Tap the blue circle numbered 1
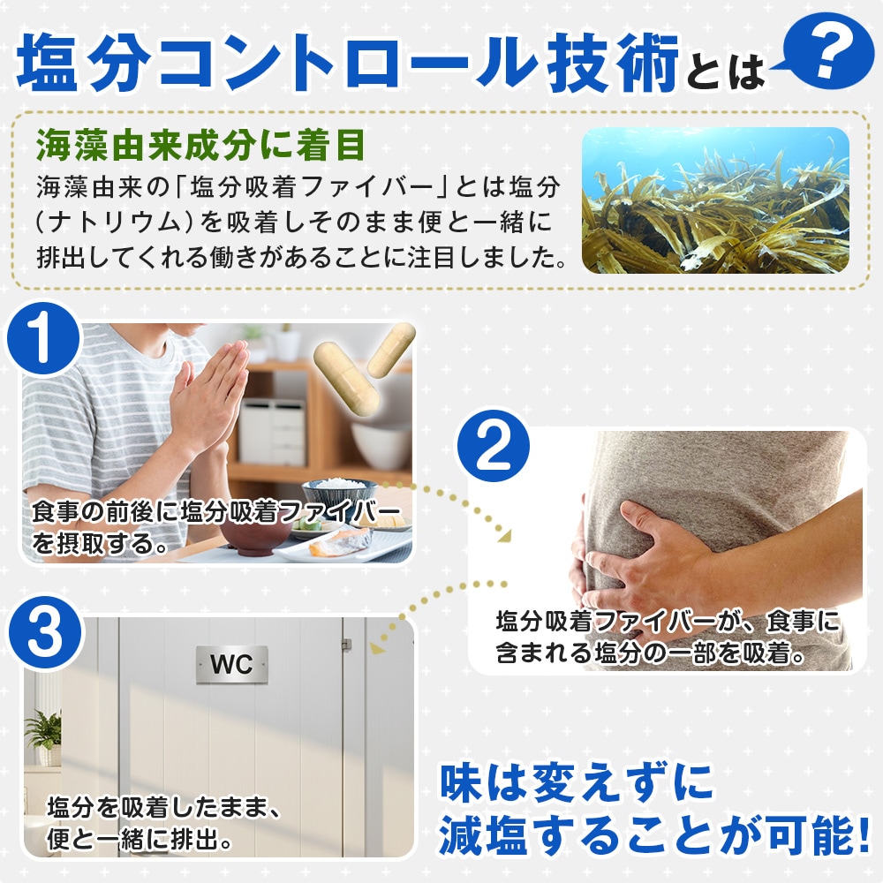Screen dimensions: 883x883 click(x=44, y=339)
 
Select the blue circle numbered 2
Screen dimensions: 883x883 click(x=493, y=446)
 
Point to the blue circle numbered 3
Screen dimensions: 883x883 click(x=44, y=632)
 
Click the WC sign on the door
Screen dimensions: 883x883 click(x=231, y=665)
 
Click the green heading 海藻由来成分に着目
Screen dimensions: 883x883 click(x=200, y=146)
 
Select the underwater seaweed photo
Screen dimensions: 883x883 click(x=715, y=200)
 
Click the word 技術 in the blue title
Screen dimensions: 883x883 click(x=613, y=62)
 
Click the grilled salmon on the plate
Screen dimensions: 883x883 click(x=341, y=542)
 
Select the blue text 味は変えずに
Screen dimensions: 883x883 click(x=576, y=782)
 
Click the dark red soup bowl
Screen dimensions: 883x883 click(x=254, y=535)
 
